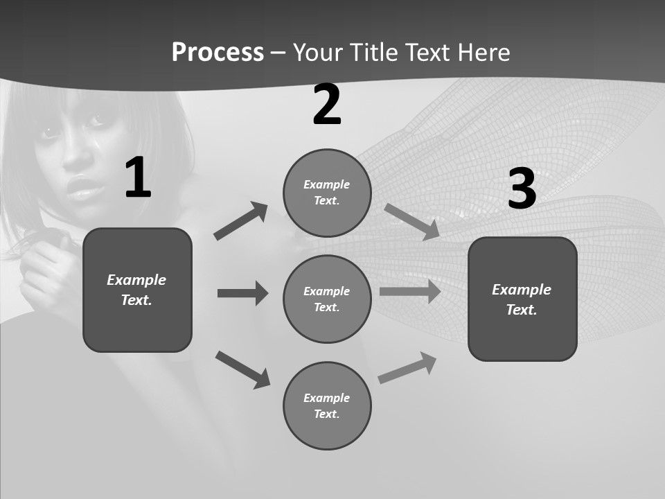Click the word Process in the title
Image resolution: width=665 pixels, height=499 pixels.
(x=218, y=53)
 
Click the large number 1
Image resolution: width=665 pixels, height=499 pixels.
(x=138, y=178)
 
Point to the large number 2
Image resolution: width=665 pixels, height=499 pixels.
(x=327, y=105)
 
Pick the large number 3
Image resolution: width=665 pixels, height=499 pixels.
(x=522, y=189)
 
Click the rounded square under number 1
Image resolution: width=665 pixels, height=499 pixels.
(x=137, y=290)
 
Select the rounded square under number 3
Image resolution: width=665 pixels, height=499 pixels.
(x=522, y=299)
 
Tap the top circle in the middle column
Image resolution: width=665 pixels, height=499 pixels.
(x=327, y=193)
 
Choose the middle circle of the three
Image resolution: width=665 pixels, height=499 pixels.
(x=327, y=299)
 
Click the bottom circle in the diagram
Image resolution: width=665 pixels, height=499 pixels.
(x=327, y=405)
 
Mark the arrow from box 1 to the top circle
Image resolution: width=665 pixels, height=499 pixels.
(x=241, y=220)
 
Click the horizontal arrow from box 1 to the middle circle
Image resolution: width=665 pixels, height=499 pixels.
(x=242, y=293)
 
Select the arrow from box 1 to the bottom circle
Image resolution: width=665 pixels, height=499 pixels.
(x=242, y=369)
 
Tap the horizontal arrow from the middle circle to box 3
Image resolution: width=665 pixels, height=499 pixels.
(x=409, y=291)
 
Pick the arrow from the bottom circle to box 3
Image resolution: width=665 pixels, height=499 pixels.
(x=407, y=367)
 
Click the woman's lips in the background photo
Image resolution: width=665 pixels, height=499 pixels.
(x=85, y=188)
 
